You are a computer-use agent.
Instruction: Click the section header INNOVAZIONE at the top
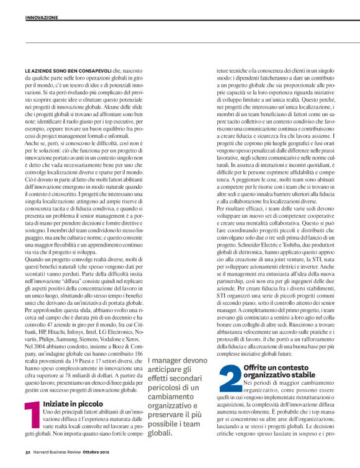tap(41, 17)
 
